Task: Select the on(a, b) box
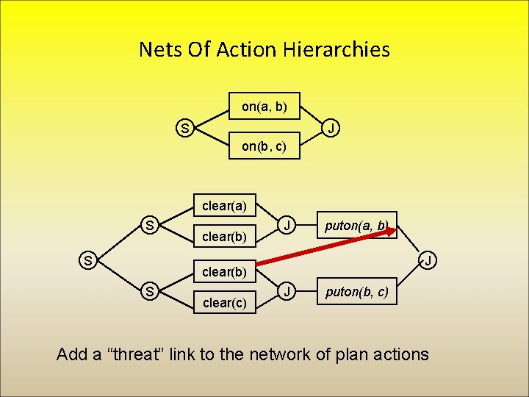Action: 264,107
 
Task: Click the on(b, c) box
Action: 264,146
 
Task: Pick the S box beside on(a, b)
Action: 185,129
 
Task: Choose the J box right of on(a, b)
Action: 332,129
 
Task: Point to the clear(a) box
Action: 224,205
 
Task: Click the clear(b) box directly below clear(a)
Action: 224,237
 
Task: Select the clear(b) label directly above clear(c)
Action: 224,271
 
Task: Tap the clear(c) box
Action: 224,301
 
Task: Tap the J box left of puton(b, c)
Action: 289,292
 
